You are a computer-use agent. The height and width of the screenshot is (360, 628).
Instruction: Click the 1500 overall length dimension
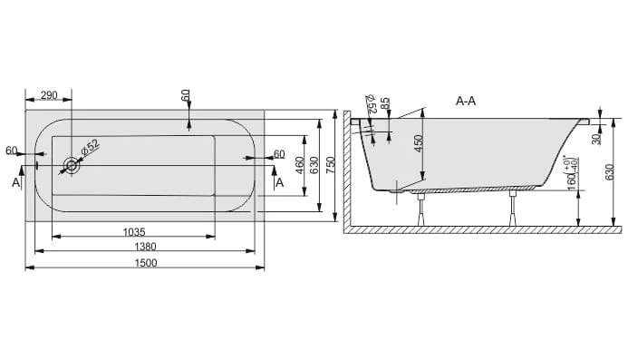point(146,263)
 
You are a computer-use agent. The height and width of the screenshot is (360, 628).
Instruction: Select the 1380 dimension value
point(145,247)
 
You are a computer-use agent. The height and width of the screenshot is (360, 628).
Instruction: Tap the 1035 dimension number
point(134,232)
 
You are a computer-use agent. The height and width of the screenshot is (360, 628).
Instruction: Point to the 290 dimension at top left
point(49,95)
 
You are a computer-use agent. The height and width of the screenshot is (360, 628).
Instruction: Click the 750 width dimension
point(330,165)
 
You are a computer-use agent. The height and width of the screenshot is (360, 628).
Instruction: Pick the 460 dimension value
point(300,165)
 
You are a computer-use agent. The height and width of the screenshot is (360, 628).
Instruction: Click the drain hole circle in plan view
point(72,165)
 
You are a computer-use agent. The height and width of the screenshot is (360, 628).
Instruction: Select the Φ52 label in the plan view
point(90,147)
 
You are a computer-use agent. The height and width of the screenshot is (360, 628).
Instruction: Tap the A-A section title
point(466,101)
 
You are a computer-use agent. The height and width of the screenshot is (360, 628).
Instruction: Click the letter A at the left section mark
point(15,183)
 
